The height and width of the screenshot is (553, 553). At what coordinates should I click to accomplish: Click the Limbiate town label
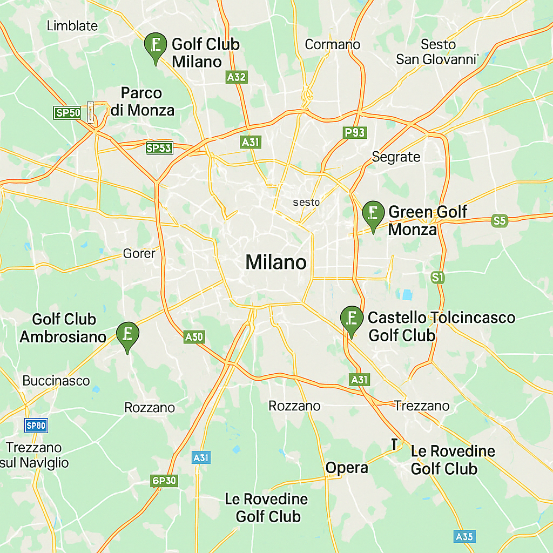(72, 25)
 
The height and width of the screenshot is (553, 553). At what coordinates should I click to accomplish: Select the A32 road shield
(237, 77)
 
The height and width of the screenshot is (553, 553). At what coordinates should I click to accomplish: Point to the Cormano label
(332, 44)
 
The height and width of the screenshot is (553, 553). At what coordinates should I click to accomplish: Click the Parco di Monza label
(142, 102)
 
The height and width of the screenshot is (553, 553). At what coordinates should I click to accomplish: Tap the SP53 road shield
(159, 148)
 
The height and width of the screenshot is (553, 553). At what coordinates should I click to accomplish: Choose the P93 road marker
(355, 132)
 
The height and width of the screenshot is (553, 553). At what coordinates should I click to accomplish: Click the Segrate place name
(396, 157)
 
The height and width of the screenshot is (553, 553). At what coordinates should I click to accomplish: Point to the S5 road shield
(500, 220)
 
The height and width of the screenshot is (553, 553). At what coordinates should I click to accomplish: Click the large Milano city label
(276, 262)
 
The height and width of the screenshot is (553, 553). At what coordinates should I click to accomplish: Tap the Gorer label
(139, 253)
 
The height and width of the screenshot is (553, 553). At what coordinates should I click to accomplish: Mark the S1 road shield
(437, 278)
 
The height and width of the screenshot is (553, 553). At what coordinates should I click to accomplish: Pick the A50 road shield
(194, 337)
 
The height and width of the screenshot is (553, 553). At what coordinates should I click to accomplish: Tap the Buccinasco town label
(56, 381)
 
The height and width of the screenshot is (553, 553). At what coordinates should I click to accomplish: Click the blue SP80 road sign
(36, 426)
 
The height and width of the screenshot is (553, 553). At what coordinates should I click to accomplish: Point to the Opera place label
(347, 468)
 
